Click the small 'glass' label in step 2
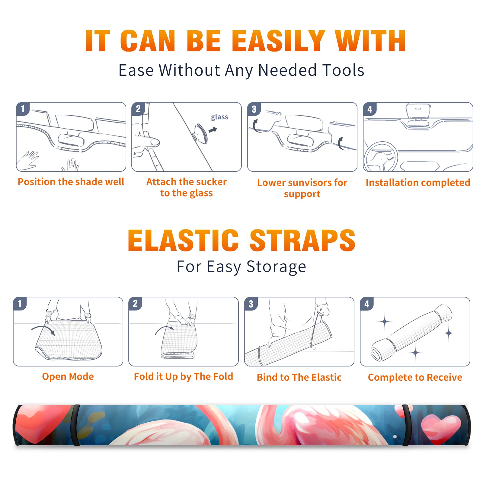pyautogui.click(x=219, y=117)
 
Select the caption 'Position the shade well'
pyautogui.click(x=71, y=182)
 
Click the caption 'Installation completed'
pyautogui.click(x=418, y=182)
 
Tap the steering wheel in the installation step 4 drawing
pyautogui.click(x=380, y=157)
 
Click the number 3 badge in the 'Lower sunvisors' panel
pyautogui.click(x=254, y=109)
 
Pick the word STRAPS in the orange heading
pyautogui.click(x=302, y=240)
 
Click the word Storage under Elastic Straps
pyautogui.click(x=276, y=267)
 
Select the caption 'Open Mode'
pyautogui.click(x=68, y=376)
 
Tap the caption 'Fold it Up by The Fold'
pyautogui.click(x=184, y=376)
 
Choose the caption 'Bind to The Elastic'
pyautogui.click(x=299, y=377)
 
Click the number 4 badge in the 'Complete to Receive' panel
pyautogui.click(x=367, y=304)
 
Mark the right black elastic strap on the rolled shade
pyautogui.click(x=407, y=425)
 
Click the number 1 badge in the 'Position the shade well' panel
pyautogui.click(x=23, y=109)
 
